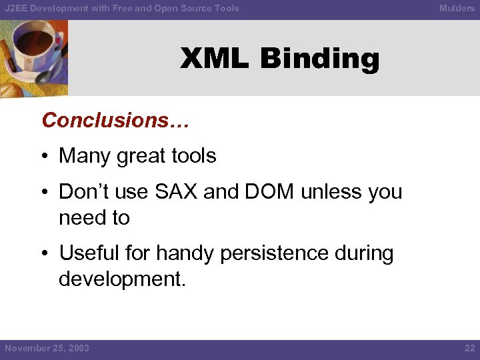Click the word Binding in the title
[319, 59]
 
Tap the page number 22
[469, 348]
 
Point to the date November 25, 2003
[47, 348]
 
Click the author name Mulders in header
[457, 8]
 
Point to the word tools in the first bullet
[191, 156]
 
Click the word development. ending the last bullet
[122, 279]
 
